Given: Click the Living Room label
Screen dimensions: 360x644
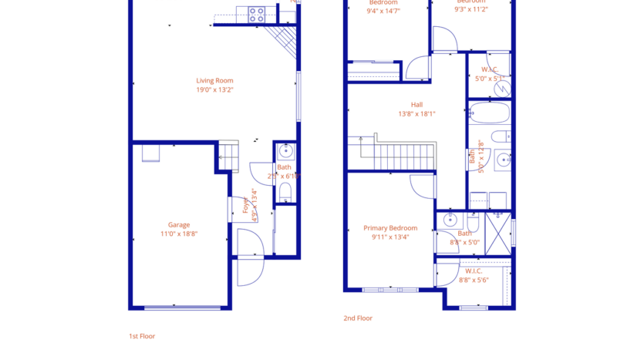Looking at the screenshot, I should click(214, 80).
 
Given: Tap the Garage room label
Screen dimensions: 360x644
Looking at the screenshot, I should click(179, 225).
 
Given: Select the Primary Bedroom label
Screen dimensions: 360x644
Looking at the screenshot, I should click(390, 228).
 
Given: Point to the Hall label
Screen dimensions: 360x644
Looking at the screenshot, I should click(416, 105).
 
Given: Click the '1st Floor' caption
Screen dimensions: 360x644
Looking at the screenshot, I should click(142, 336).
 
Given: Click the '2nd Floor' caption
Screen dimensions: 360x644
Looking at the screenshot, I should click(358, 318).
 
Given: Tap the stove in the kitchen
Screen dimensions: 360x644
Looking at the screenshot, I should click(257, 13).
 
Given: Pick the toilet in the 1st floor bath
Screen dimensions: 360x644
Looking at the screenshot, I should click(285, 191).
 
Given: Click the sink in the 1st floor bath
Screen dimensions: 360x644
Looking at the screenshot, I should click(285, 150).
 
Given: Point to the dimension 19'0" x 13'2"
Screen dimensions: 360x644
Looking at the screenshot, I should click(214, 90).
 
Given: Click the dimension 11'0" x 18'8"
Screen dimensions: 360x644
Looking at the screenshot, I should click(179, 234).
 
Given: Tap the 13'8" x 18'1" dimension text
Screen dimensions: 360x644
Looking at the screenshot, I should click(416, 114).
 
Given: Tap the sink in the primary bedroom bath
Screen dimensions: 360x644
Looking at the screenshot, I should click(450, 221).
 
